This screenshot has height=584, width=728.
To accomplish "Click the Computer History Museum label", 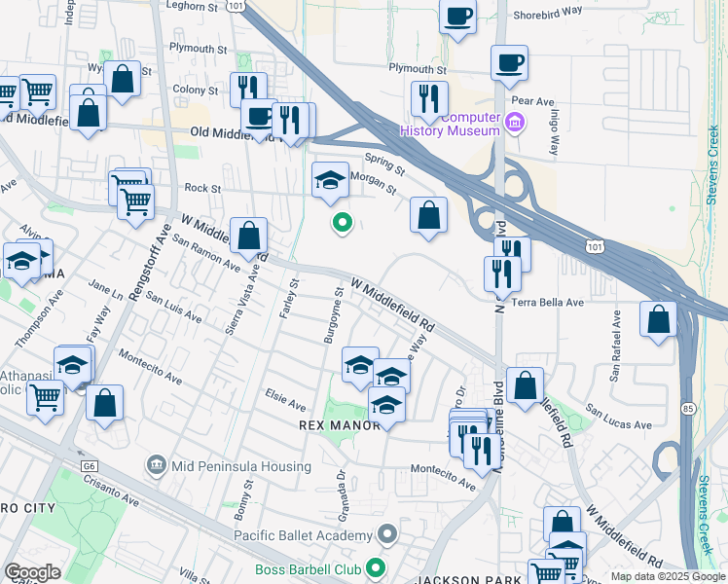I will pos(471,124).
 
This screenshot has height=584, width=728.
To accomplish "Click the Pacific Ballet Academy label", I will pos(303,535).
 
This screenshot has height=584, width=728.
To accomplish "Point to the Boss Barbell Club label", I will pos(308,569).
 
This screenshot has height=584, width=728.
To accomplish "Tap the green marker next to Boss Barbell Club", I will pos(376,569).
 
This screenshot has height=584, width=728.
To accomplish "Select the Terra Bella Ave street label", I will pos(548,303).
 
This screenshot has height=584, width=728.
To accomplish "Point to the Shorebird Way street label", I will pos(547,11).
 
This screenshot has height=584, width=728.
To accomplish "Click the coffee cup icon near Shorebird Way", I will pos(457,17).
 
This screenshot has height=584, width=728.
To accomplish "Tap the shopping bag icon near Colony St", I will pos(124,78).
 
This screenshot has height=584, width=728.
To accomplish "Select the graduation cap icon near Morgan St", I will pos(331,179).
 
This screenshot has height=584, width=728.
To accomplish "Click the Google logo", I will pos(32,572).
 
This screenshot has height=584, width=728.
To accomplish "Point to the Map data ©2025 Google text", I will pos(668,576).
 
